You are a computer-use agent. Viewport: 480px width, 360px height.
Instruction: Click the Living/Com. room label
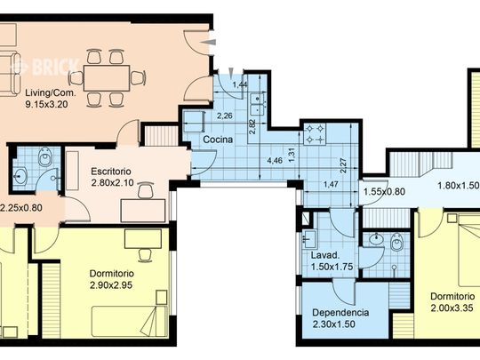50,92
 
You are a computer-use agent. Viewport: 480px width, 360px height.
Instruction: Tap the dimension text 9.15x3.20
46,104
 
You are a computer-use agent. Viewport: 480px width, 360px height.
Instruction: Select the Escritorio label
111,172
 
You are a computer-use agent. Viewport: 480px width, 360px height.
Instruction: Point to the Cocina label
218,140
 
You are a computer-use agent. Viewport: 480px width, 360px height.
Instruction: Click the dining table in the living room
107,78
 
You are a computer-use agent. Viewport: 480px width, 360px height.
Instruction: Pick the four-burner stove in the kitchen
315,133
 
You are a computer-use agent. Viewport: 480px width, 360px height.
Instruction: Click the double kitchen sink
258,104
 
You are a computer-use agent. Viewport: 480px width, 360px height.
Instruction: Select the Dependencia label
340,313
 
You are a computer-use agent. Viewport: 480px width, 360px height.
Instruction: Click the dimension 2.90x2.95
111,285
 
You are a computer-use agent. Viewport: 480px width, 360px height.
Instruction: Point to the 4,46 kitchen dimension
275,161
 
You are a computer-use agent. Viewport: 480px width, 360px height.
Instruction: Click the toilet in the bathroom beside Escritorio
45,156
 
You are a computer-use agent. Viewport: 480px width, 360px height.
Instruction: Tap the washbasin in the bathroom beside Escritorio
20,176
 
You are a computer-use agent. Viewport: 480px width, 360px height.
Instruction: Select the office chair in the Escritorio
146,190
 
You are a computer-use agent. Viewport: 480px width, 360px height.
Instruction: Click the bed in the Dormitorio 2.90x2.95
130,321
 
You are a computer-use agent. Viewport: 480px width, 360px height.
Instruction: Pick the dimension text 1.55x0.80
384,192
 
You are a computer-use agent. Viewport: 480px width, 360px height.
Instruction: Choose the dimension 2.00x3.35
452,308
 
